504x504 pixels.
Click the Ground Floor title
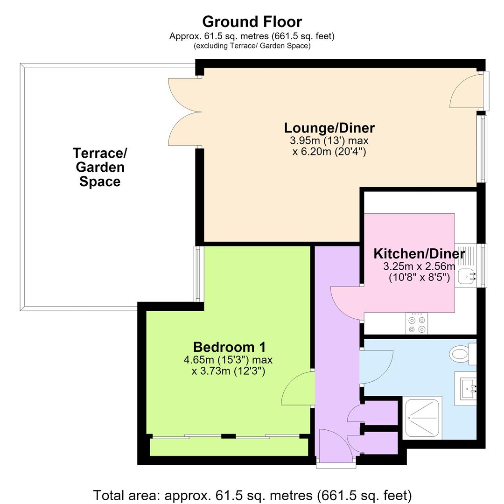252,22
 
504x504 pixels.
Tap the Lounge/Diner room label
329,128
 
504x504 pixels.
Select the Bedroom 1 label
230,347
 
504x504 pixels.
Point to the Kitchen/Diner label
419,253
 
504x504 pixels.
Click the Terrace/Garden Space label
100,167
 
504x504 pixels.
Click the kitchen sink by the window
466,276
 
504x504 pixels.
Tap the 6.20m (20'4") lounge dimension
329,151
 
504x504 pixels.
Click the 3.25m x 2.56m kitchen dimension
419,266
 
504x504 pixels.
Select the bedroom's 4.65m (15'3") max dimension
228,360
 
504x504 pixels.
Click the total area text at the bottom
252,495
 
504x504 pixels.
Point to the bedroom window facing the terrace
198,274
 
